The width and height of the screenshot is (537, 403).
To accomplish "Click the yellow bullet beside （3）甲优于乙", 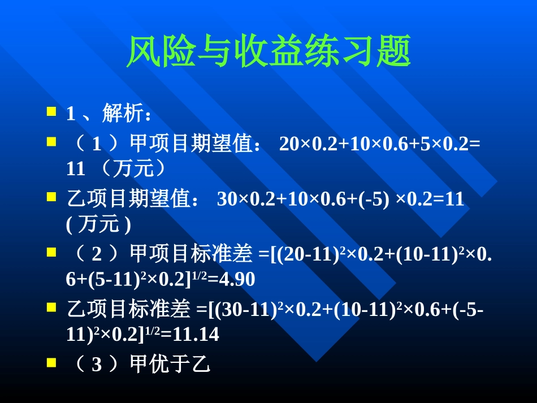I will click(x=51, y=362).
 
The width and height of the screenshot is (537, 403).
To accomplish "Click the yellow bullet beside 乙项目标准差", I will click(x=51, y=306).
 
